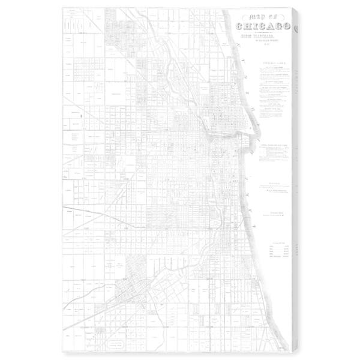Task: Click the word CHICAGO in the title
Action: point(263,26)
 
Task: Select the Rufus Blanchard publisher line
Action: point(263,35)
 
